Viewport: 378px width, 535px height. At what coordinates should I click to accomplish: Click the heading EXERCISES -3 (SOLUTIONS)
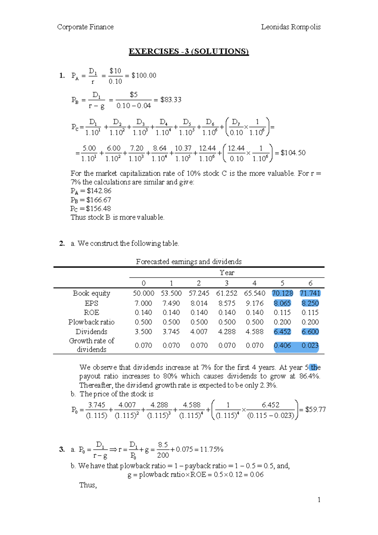point(189,51)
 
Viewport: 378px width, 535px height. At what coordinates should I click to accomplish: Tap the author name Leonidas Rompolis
point(290,27)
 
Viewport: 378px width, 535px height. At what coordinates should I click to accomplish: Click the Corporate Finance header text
point(85,27)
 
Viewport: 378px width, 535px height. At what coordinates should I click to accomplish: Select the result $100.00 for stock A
point(144,75)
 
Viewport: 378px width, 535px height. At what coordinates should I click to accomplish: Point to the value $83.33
point(171,100)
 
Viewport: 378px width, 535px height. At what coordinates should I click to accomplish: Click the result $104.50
point(293,153)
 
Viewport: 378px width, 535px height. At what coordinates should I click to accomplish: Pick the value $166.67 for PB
point(99,200)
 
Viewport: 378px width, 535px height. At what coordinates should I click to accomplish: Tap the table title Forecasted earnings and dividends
point(189,262)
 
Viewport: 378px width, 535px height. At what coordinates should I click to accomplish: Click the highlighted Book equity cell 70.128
point(282,293)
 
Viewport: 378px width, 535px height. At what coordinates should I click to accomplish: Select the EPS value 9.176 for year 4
point(255,303)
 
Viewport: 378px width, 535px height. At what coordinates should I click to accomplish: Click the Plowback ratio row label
point(91,322)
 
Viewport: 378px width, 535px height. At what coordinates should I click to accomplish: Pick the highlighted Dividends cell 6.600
point(310,332)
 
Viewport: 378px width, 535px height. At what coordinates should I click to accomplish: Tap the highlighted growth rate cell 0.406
point(282,345)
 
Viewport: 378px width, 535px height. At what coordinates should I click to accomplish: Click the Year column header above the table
point(227,273)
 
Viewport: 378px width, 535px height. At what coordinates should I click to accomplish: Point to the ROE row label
point(91,313)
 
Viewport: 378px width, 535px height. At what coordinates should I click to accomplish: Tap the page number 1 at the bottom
point(319,500)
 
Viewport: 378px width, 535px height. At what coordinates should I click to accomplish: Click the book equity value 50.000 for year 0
point(143,293)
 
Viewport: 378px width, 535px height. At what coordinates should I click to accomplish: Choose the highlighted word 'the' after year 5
point(315,367)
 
